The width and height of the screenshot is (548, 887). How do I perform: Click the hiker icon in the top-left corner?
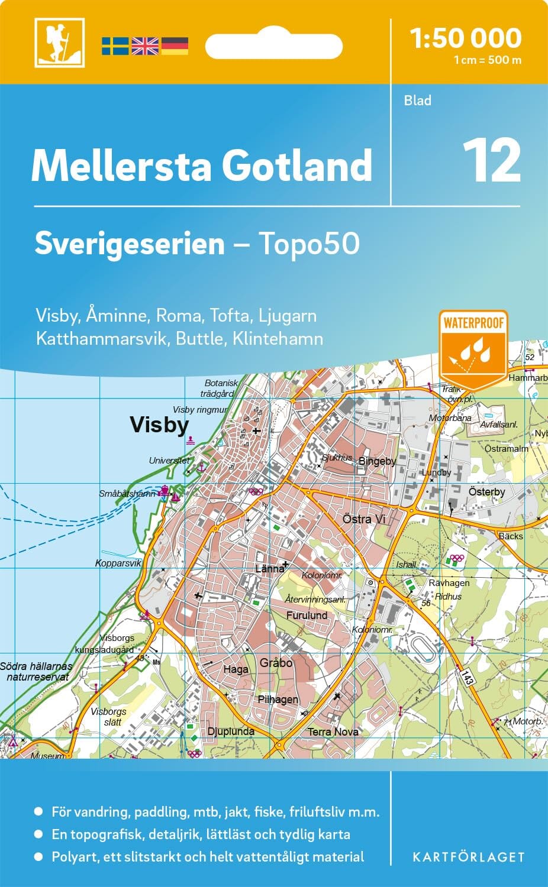click(x=59, y=43)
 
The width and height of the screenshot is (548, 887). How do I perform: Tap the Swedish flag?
click(x=115, y=46)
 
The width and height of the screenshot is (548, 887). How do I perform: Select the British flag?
click(x=145, y=46)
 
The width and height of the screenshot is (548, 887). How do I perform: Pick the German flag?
click(x=175, y=46)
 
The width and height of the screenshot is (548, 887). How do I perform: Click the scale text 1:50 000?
click(x=466, y=38)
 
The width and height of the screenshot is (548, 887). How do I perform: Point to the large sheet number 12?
click(x=492, y=161)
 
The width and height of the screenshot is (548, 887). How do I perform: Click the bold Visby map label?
click(x=159, y=425)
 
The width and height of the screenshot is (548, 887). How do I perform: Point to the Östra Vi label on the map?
click(x=364, y=519)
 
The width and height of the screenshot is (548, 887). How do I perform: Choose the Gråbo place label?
click(x=276, y=663)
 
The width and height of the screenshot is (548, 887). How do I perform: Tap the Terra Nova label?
click(x=333, y=731)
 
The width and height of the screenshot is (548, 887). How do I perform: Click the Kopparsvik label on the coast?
click(x=118, y=563)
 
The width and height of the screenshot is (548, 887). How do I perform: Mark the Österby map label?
click(x=486, y=491)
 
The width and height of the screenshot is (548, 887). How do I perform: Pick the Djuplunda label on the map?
click(x=231, y=731)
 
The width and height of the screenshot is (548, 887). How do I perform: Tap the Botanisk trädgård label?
click(x=220, y=388)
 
